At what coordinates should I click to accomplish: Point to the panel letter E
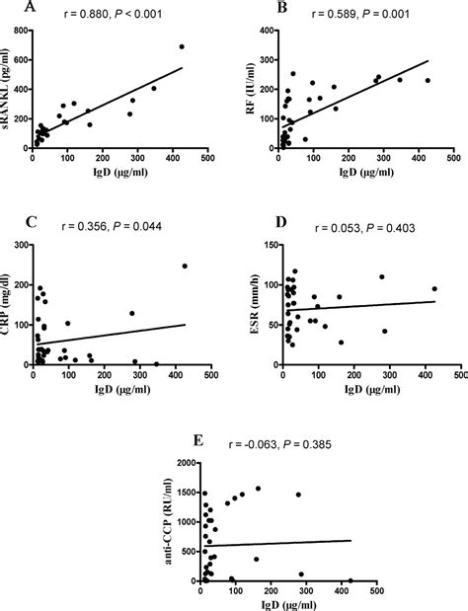(x=198, y=439)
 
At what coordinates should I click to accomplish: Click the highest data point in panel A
(x=182, y=46)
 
